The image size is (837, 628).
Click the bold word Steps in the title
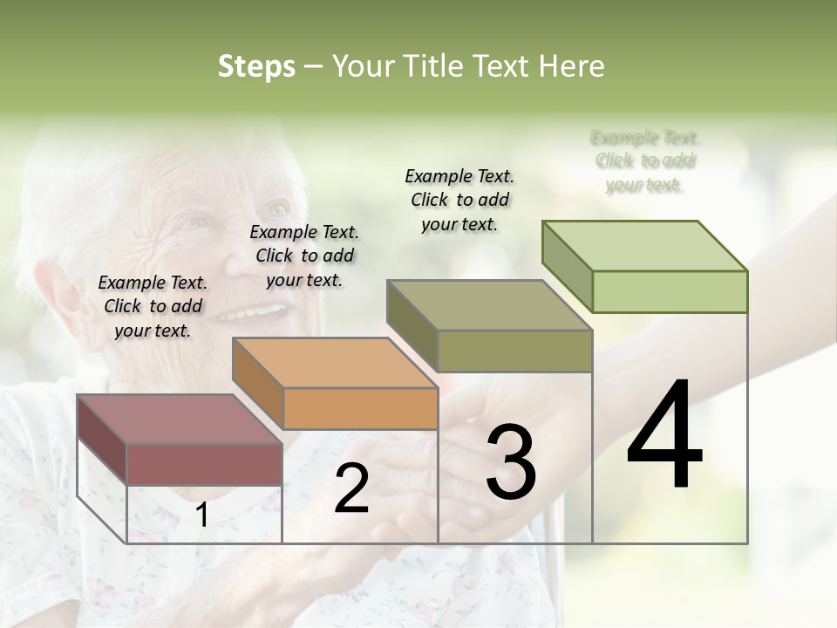[x=256, y=66]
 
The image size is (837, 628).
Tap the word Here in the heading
[x=570, y=66]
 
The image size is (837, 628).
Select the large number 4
[x=664, y=436]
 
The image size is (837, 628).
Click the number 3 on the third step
[x=511, y=463]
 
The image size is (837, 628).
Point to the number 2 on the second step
[x=351, y=488]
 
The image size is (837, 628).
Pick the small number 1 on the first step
[x=201, y=515]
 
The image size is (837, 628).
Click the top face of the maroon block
[x=179, y=420]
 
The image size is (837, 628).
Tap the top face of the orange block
[x=334, y=363]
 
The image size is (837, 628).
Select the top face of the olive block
[x=489, y=305]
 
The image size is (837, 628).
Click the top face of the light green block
[x=644, y=246]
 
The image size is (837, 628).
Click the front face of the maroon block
[x=205, y=465]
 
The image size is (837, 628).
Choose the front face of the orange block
[x=360, y=408]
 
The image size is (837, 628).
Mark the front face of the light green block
[x=670, y=291]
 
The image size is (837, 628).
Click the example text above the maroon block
[x=153, y=307]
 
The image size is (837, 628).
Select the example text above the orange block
[x=304, y=256]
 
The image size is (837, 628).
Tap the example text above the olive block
[x=459, y=200]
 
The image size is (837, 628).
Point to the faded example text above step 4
[x=645, y=161]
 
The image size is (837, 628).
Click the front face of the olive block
[x=514, y=351]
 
